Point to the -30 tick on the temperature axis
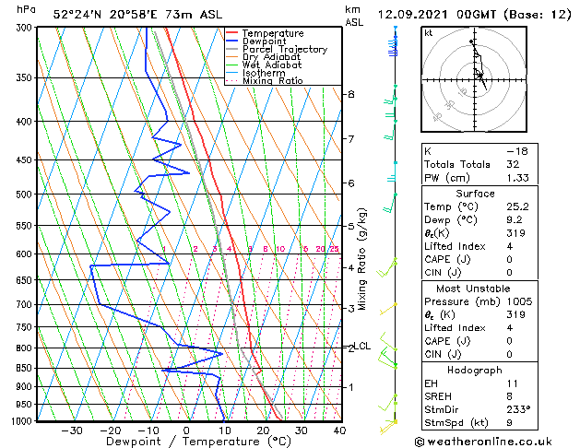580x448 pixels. [72, 430]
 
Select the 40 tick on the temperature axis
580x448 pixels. [339, 430]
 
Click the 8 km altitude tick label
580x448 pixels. [351, 94]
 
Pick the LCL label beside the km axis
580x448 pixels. [362, 347]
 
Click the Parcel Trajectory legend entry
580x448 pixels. [284, 49]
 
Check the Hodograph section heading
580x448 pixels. [475, 370]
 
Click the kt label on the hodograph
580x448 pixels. [429, 32]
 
